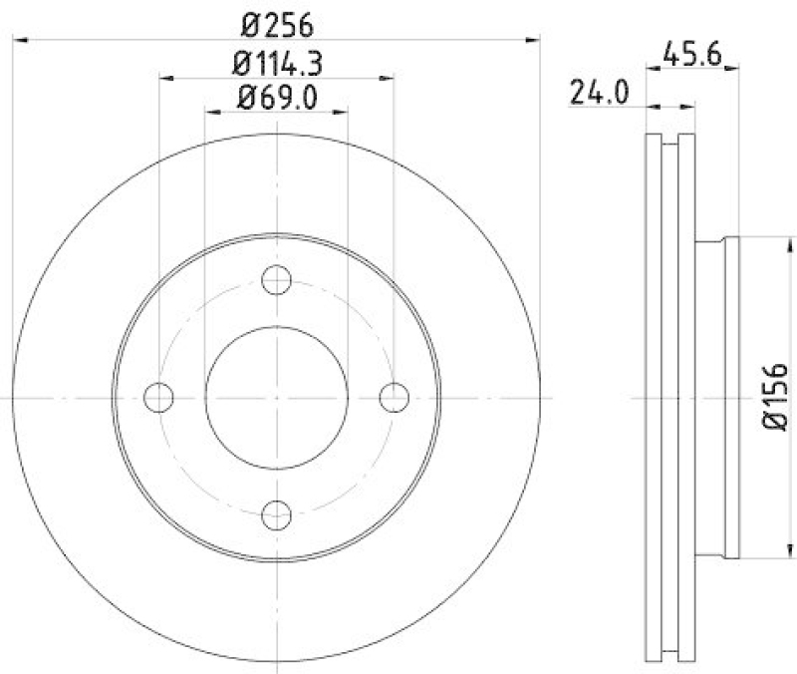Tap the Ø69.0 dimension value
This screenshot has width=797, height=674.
click(276, 97)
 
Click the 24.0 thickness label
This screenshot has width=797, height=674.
click(599, 93)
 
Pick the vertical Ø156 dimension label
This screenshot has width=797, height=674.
click(776, 397)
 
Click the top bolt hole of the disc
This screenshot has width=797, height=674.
click(276, 280)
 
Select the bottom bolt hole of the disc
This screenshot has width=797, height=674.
click(276, 514)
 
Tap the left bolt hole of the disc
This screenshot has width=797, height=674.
click(158, 397)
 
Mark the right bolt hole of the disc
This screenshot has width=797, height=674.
click(394, 397)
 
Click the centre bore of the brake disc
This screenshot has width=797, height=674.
click(276, 397)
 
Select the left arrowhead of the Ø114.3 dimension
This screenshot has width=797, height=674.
click(165, 77)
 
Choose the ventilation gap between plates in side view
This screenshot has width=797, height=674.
click(669, 397)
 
